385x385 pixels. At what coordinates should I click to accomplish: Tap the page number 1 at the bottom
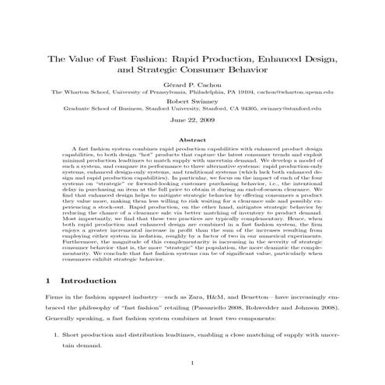[192, 363]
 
